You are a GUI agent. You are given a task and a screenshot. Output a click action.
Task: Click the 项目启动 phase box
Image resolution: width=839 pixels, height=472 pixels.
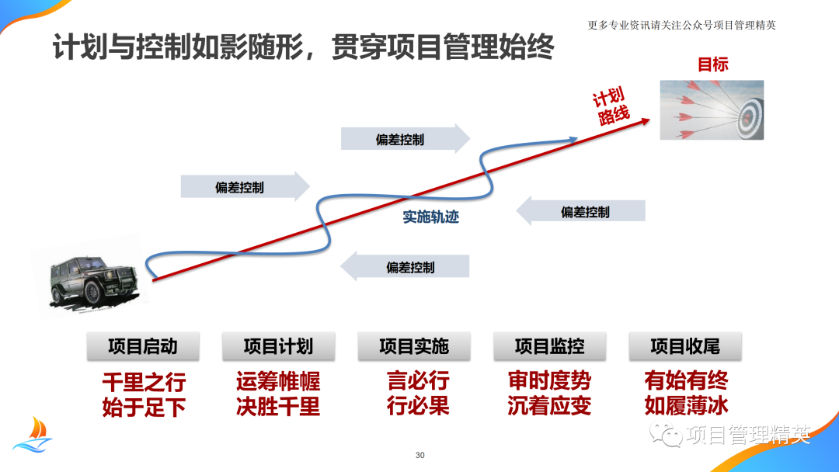142,346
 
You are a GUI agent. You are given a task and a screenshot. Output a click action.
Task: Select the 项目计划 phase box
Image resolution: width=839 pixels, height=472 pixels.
278,346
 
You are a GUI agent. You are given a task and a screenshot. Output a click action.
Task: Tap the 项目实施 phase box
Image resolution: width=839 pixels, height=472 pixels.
414,346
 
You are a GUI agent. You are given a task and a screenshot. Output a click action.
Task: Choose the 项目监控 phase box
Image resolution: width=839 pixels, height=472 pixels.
550,346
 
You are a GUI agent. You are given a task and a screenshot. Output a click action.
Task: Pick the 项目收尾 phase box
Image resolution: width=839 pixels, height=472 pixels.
685,346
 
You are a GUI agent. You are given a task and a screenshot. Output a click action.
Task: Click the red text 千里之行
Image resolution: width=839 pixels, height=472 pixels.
144,382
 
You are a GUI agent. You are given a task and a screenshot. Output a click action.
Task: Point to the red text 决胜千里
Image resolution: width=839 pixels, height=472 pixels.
278,406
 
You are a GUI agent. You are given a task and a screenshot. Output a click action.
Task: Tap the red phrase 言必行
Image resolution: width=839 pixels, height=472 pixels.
418,381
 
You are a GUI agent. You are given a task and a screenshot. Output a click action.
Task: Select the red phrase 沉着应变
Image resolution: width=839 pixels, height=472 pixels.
549,406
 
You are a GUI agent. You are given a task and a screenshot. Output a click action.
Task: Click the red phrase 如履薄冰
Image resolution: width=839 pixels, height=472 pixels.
686,406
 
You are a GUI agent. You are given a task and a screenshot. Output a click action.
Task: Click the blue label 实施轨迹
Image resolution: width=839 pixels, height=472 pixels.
431,217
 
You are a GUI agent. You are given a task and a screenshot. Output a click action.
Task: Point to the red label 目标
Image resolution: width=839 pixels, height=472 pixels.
712,64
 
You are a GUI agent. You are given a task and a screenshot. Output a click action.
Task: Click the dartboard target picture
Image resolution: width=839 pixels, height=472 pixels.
712,109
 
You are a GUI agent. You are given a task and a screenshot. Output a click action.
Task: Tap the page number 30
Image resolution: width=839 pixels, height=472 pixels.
420,455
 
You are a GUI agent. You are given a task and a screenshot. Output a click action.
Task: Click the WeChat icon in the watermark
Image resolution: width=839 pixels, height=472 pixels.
670,433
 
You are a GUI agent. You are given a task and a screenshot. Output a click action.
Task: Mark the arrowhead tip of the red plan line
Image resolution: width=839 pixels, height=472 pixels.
650,117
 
